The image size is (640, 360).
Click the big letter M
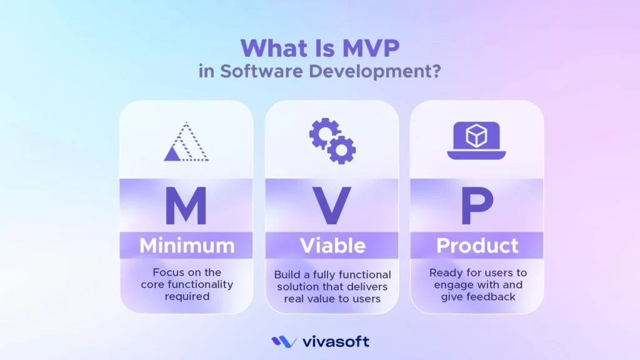click(186, 206)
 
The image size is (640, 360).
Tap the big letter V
click(332, 206)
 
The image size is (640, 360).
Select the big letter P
click(477, 206)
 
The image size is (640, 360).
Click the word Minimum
click(186, 246)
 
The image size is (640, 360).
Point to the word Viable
click(332, 246)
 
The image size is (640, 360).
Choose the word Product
click(477, 246)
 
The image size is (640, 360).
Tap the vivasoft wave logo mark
click(284, 342)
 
